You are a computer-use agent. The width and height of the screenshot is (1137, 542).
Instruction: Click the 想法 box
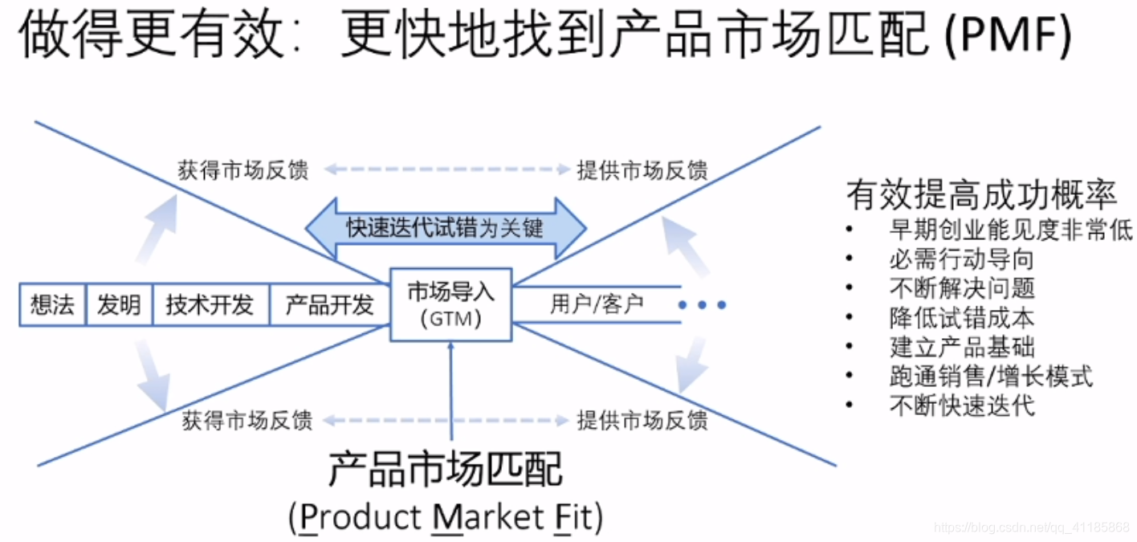pyautogui.click(x=52, y=305)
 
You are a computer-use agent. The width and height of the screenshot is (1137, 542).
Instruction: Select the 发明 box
pyautogui.click(x=119, y=305)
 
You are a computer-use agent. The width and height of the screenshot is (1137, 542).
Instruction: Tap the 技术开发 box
pyautogui.click(x=210, y=305)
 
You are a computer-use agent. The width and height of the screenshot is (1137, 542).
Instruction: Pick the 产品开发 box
pyautogui.click(x=330, y=305)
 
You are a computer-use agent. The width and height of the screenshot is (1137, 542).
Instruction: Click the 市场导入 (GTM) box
pyautogui.click(x=450, y=304)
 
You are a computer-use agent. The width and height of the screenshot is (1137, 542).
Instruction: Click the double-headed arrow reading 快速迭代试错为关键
pyautogui.click(x=446, y=228)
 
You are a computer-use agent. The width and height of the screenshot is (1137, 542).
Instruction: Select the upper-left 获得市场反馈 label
pyautogui.click(x=242, y=170)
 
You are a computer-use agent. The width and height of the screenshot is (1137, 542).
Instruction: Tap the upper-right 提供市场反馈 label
pyautogui.click(x=642, y=170)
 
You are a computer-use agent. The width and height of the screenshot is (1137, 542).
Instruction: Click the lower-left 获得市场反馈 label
pyautogui.click(x=247, y=420)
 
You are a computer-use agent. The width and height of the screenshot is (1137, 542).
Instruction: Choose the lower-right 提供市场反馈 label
pyautogui.click(x=642, y=420)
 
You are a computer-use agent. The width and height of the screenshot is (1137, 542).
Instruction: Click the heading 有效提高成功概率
pyautogui.click(x=981, y=195)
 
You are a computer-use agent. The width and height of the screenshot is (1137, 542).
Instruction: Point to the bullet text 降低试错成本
pyautogui.click(x=962, y=317)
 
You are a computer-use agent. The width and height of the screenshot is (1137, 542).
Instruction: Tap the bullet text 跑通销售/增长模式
pyautogui.click(x=991, y=375)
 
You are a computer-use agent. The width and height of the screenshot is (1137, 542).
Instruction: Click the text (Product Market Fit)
pyautogui.click(x=446, y=518)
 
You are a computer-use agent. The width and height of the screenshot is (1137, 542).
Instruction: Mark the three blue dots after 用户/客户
pyautogui.click(x=702, y=305)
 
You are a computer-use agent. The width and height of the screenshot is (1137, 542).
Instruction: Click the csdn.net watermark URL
pyautogui.click(x=1033, y=528)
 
